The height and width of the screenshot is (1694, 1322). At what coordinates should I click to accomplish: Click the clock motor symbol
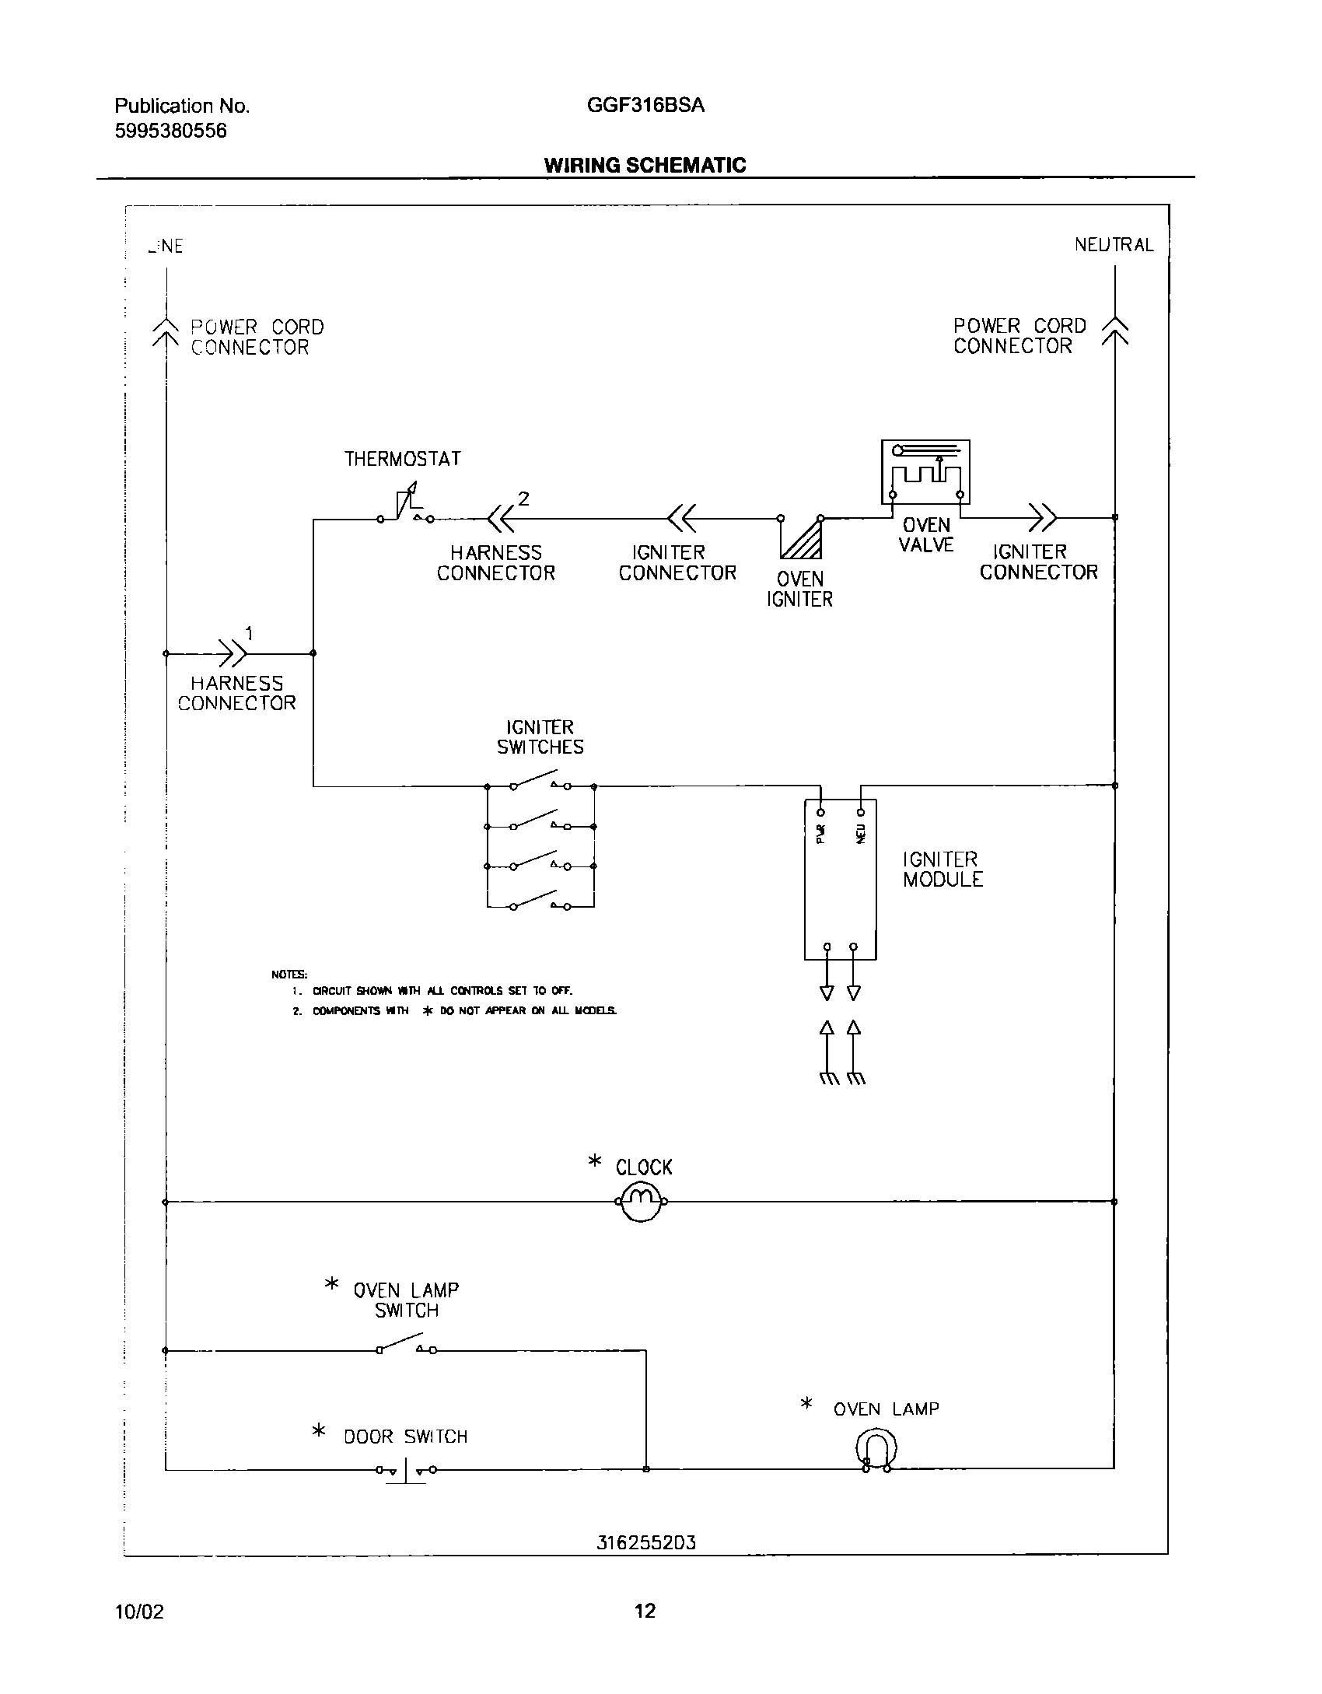tap(641, 1202)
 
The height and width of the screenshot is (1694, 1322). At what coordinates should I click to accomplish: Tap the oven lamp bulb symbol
tap(876, 1451)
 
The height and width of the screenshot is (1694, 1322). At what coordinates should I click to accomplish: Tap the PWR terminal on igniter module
tap(821, 812)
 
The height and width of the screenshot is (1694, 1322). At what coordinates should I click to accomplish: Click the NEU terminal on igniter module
tap(860, 812)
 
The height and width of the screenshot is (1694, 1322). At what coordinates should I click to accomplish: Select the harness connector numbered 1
tap(232, 653)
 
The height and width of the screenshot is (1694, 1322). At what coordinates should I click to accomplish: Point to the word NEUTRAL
tap(1114, 244)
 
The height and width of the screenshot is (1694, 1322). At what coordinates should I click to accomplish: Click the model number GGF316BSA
tap(645, 105)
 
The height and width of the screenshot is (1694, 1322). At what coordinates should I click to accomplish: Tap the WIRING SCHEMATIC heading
tap(645, 165)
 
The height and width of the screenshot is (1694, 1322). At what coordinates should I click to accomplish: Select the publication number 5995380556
tap(171, 131)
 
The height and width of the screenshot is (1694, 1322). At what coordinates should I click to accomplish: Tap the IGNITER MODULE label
tap(943, 870)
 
